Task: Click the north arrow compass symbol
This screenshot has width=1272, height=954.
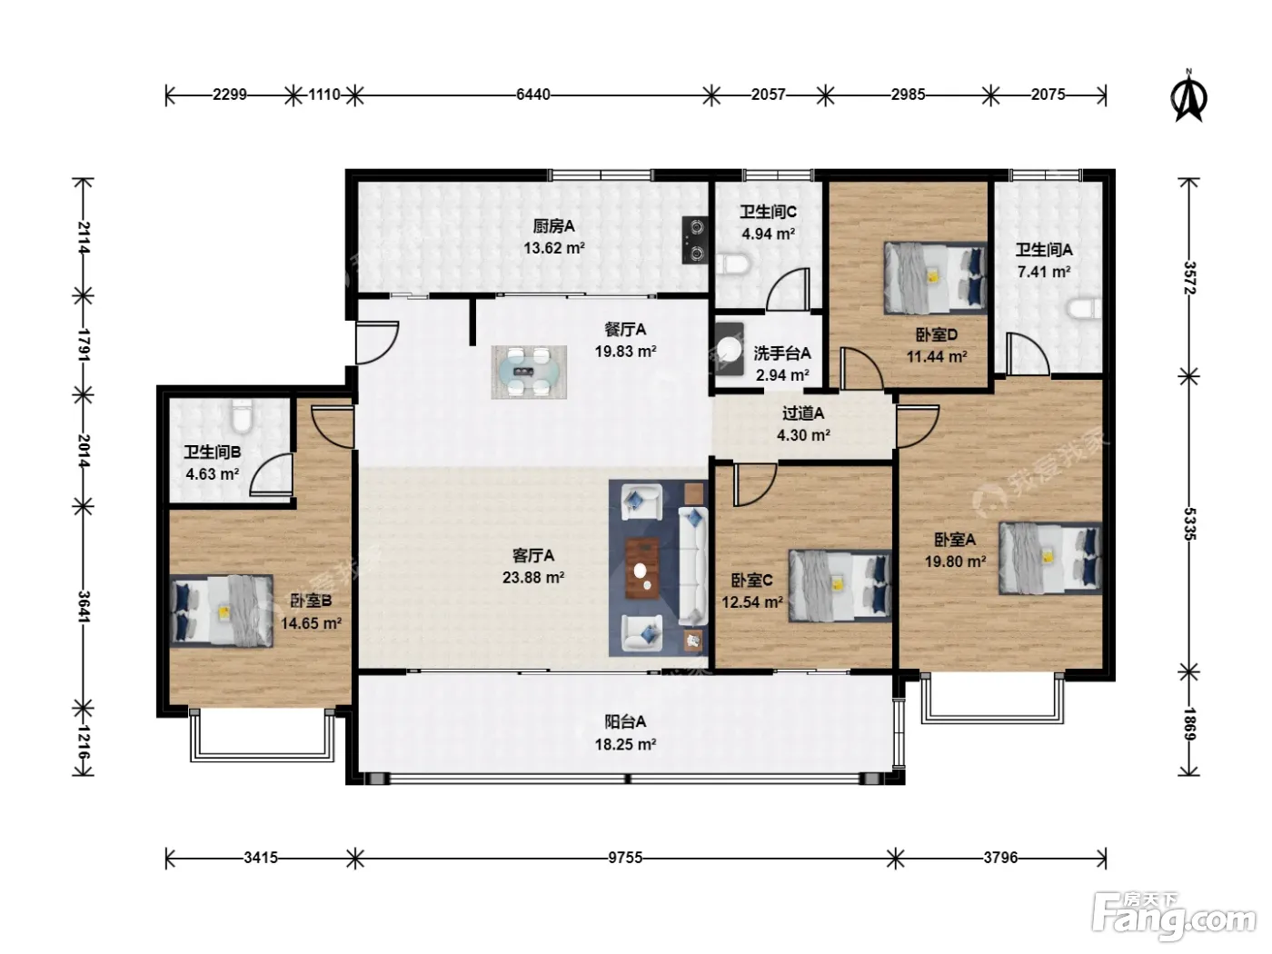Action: (1188, 96)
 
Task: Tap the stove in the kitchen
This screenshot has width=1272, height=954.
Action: (695, 240)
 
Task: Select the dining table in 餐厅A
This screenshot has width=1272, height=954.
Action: (529, 372)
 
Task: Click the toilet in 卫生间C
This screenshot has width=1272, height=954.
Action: (732, 264)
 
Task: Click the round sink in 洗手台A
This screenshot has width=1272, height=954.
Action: (729, 350)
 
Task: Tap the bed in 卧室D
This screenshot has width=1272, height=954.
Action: (935, 278)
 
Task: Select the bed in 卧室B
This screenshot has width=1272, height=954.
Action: (222, 611)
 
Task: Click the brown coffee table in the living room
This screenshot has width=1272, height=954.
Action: (642, 568)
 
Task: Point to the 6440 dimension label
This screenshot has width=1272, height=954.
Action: (532, 94)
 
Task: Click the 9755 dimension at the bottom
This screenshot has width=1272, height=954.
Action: (625, 858)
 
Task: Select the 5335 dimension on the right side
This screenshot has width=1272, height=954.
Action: (1188, 524)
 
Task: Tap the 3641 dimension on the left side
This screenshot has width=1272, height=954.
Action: (84, 606)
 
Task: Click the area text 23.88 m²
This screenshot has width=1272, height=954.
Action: (533, 578)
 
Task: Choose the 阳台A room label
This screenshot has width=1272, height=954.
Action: (625, 721)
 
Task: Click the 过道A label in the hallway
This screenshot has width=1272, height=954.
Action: (803, 413)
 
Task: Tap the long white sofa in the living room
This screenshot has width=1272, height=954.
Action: (693, 566)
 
